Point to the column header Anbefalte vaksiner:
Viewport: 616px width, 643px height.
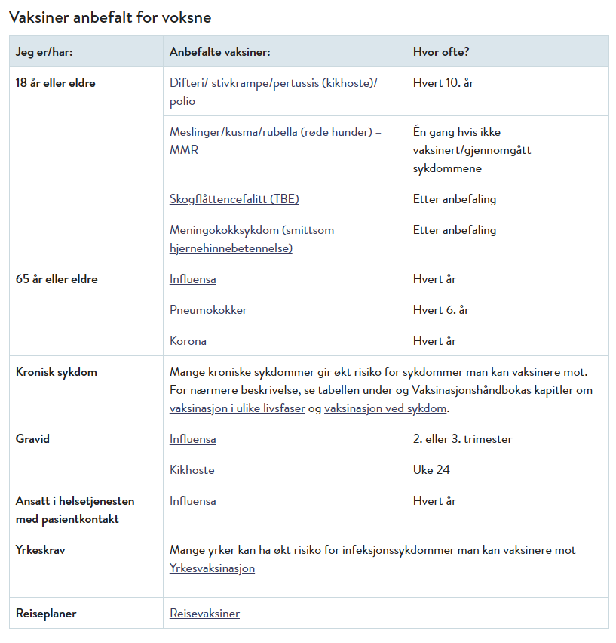(219, 52)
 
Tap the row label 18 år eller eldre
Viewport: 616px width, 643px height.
(56, 83)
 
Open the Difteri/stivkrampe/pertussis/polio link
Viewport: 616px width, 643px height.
(273, 84)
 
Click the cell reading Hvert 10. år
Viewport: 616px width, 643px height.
(443, 83)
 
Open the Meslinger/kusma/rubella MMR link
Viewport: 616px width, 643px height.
(275, 132)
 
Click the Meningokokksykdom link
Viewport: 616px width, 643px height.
(252, 230)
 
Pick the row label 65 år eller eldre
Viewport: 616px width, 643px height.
(57, 279)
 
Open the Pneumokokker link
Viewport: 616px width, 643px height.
(208, 310)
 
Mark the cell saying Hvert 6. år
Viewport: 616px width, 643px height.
(441, 310)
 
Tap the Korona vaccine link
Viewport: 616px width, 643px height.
(188, 341)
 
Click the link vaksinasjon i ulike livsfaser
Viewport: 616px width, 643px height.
(237, 408)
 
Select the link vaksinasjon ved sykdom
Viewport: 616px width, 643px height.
(385, 408)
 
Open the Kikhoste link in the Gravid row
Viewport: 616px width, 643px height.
(192, 470)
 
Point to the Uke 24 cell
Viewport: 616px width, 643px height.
(431, 470)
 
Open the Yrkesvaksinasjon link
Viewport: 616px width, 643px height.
(212, 568)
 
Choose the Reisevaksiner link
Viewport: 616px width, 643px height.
(204, 614)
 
